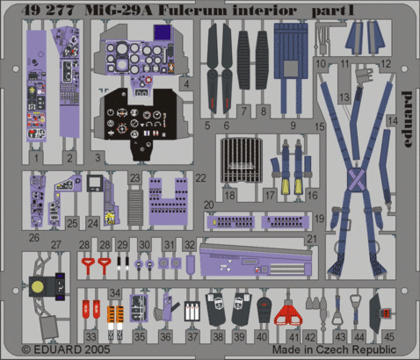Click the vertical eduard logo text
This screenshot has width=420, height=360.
pos(406,111)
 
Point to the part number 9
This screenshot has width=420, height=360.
pos(291,126)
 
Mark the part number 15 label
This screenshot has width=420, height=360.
pos(320,126)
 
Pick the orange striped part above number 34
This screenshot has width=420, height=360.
pos(113,312)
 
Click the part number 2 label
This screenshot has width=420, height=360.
pos(92,156)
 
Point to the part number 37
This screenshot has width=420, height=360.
pos(192,336)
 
